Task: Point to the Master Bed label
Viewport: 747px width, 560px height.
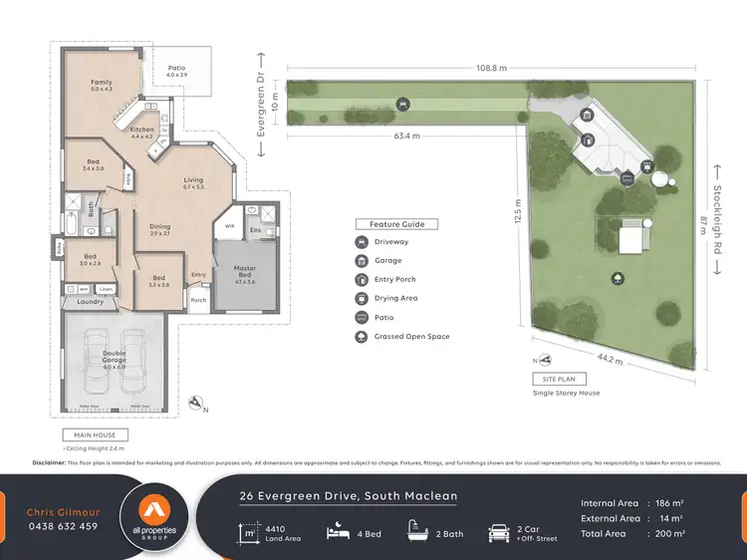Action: (245, 272)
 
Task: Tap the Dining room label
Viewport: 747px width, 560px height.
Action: (159, 229)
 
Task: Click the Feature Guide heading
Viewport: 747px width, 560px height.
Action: (397, 224)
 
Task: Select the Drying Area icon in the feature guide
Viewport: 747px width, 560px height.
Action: (361, 298)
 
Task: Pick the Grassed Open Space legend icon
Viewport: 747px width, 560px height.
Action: (361, 337)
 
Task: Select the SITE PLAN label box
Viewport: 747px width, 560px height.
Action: (559, 380)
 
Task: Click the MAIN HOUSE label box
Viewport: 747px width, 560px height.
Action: (95, 435)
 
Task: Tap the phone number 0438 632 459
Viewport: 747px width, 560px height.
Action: (62, 526)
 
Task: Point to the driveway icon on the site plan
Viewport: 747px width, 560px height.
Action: (401, 103)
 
